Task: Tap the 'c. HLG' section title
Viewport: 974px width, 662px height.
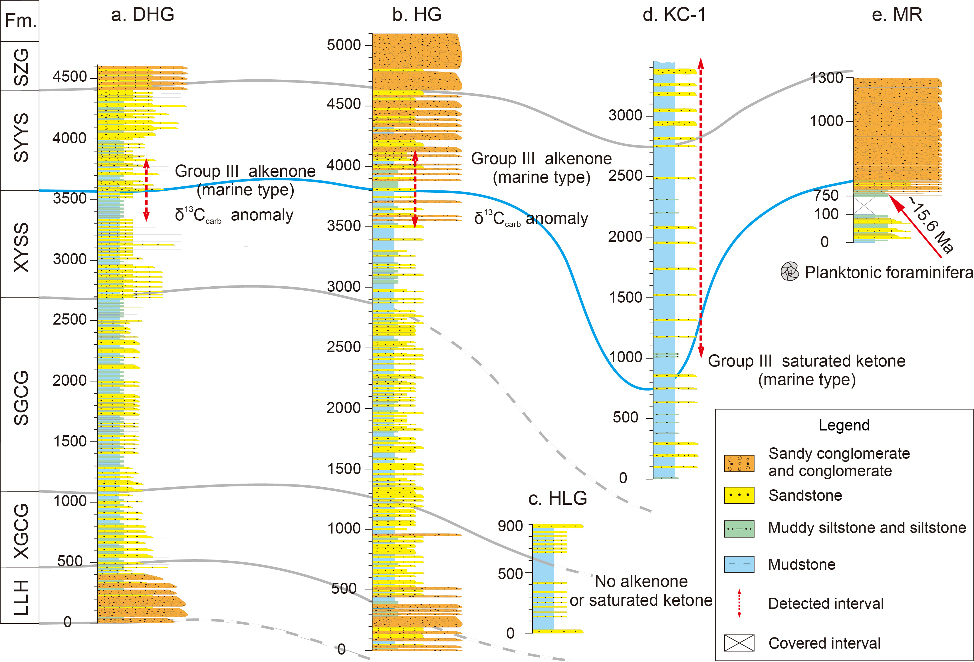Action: click(x=557, y=498)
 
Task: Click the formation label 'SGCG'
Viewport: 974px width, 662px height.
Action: click(x=21, y=397)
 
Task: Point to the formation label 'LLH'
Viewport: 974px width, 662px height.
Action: click(x=21, y=597)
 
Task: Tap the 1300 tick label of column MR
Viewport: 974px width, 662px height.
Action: click(x=826, y=78)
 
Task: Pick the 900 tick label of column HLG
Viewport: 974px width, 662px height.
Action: click(x=510, y=526)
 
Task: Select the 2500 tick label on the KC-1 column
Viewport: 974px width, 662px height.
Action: click(x=625, y=176)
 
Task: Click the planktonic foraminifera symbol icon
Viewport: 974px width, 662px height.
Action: click(x=790, y=272)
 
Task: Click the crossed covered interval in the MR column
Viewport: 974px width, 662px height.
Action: click(x=864, y=206)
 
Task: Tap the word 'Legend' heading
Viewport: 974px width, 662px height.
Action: click(x=844, y=425)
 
